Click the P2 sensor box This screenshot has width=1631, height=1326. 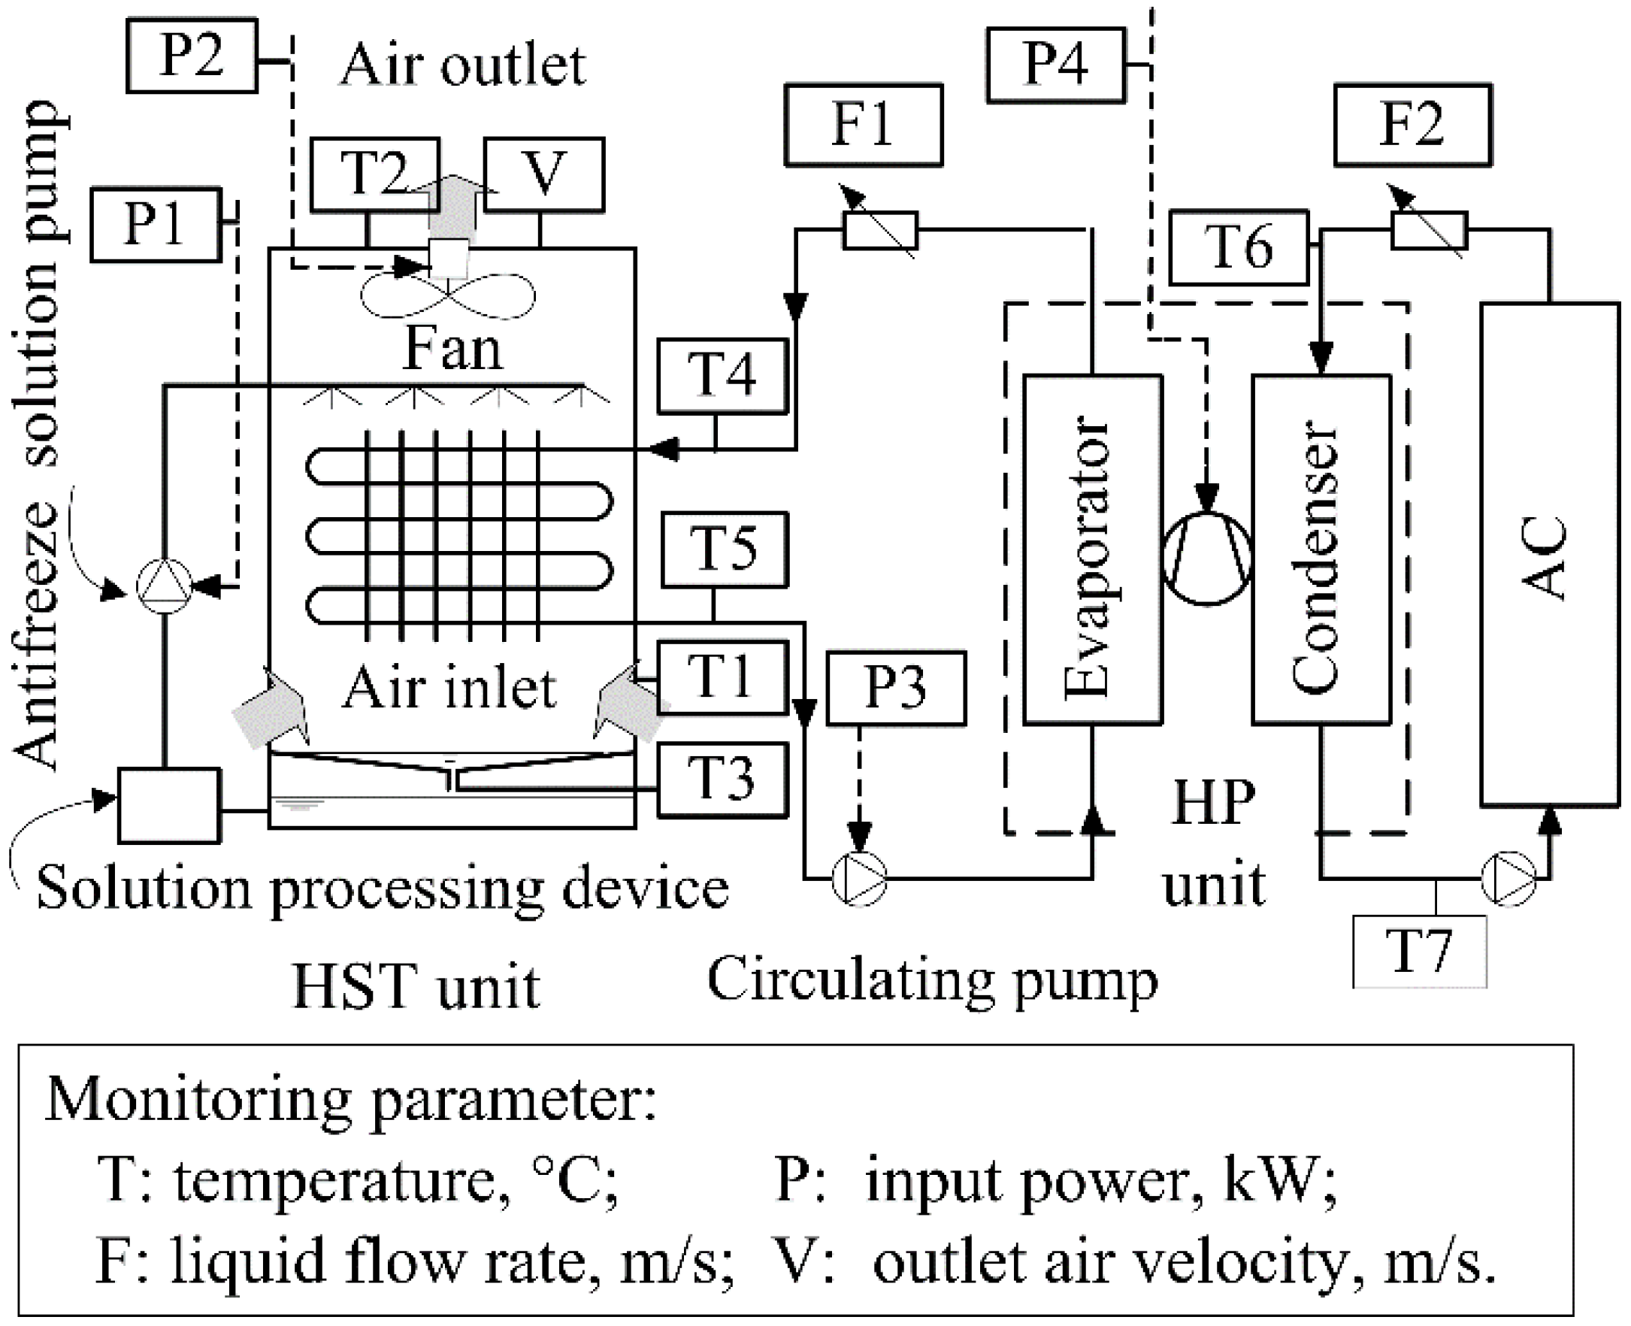192,56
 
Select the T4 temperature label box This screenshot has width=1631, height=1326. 722,376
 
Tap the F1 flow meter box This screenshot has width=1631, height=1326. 864,125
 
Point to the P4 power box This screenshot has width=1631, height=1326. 1056,65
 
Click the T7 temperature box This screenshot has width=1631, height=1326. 1420,952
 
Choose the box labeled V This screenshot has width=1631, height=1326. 543,174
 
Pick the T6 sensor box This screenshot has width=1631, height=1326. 1239,247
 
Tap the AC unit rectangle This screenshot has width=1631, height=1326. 1549,554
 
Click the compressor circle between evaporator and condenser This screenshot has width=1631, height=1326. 1206,559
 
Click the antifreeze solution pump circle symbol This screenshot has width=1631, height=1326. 164,586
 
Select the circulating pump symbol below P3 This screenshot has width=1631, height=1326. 860,879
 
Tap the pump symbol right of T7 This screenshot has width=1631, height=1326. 1508,879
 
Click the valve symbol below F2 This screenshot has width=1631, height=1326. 1429,229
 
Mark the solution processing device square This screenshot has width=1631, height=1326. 169,805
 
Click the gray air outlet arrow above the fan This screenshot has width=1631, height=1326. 452,206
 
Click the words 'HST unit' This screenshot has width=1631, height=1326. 417,986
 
